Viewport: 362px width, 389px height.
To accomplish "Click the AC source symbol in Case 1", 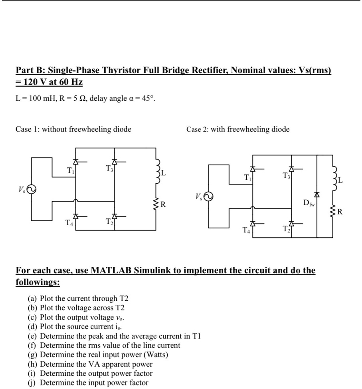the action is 32,190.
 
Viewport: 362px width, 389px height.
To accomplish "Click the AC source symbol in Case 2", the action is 208,197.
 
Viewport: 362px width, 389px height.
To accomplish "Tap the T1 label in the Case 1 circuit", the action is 70,171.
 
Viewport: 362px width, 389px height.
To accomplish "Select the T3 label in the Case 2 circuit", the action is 287,176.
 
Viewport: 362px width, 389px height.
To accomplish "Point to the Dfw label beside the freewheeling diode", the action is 309,203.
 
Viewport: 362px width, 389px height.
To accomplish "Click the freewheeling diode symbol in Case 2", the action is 317,194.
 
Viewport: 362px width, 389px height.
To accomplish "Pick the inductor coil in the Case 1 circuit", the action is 158,171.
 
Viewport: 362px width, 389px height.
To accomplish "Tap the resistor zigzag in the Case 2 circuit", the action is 333,211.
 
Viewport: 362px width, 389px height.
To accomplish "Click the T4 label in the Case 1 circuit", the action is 69,223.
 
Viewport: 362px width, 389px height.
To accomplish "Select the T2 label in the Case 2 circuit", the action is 287,229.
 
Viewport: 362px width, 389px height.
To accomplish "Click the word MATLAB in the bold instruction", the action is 111,270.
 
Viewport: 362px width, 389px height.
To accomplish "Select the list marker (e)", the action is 32,336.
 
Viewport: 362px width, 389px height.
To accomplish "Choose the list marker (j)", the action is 32,383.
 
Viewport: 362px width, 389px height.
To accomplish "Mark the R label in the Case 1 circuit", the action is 163,204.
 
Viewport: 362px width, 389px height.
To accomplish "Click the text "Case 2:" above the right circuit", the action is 197,129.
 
